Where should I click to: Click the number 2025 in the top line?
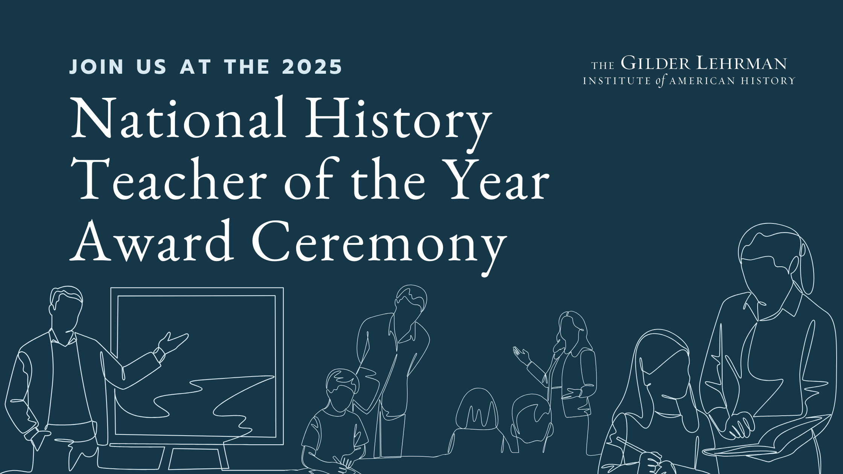click(312, 67)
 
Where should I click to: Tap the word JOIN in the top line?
click(96, 67)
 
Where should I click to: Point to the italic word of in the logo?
click(660, 81)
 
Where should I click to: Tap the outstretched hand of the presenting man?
click(173, 342)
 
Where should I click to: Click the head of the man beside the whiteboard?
click(66, 308)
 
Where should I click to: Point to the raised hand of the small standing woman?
click(522, 355)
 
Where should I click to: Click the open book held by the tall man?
click(768, 438)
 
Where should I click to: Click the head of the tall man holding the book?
click(771, 263)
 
